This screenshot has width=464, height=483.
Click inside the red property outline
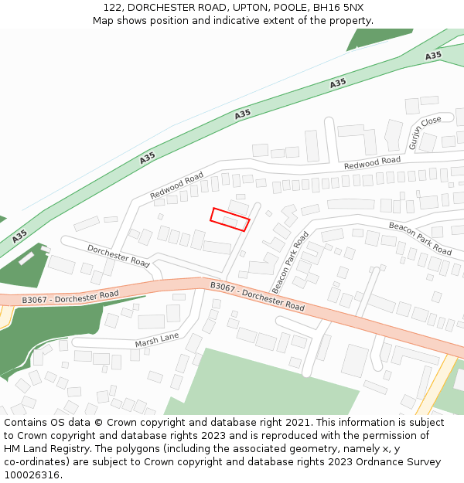coord(230,219)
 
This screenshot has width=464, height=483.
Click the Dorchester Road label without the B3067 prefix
coord(118,256)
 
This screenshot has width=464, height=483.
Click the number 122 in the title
coord(112,8)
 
